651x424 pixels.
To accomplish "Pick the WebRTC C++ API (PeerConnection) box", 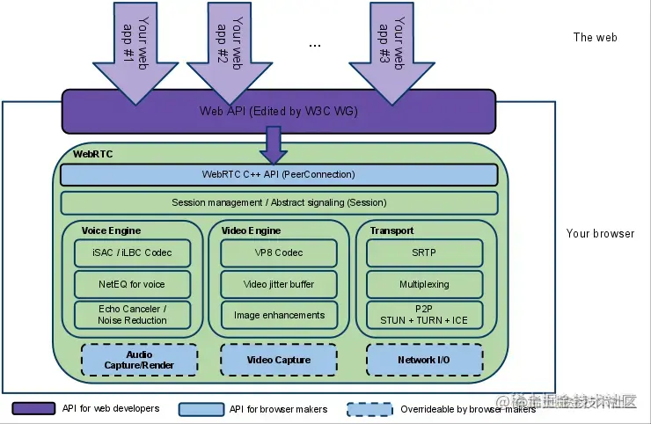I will click(x=279, y=175).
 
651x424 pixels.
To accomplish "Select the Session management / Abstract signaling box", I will click(x=279, y=203).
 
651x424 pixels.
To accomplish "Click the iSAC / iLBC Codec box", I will click(x=132, y=253).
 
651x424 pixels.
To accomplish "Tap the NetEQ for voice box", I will click(x=132, y=284).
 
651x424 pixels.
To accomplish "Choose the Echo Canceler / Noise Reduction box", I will click(x=132, y=315).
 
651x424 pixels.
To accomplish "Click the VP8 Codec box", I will click(x=278, y=253).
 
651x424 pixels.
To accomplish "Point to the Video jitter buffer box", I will click(x=278, y=284).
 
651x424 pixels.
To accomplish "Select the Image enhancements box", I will click(x=278, y=315).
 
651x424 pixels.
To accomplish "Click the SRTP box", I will click(x=424, y=253).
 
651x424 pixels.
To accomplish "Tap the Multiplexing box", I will click(x=424, y=284).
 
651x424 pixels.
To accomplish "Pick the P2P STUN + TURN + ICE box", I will click(x=424, y=315).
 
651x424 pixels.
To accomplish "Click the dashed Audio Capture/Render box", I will click(x=139, y=360).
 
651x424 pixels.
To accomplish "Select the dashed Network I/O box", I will click(x=424, y=360).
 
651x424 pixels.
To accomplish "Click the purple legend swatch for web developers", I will click(x=33, y=408).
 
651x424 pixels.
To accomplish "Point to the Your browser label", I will click(x=600, y=234).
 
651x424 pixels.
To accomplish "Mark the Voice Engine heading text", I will click(x=111, y=230).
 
